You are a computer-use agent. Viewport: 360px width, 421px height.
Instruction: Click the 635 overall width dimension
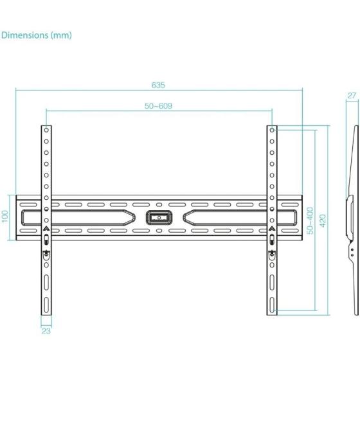point(158,85)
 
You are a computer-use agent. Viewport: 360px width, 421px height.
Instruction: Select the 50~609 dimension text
point(158,105)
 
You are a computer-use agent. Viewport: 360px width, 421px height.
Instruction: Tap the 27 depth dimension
point(352,96)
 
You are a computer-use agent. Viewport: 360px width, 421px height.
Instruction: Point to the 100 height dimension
point(6,217)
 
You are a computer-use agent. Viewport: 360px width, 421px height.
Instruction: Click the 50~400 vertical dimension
point(310,220)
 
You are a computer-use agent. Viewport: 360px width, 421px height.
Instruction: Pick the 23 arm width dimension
point(46,331)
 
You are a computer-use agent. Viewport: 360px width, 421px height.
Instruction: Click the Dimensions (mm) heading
point(37,35)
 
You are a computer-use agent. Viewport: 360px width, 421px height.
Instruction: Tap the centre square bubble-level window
point(158,217)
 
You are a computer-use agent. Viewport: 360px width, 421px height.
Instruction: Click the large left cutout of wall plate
point(77,217)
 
